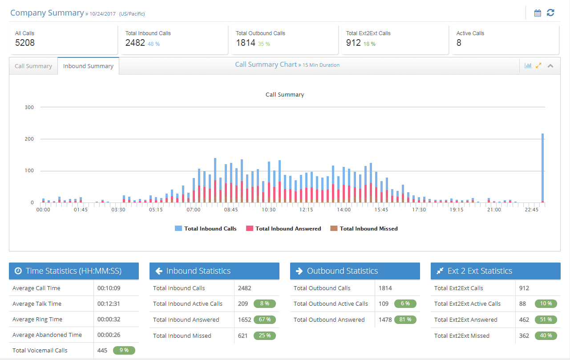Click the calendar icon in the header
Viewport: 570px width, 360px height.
tap(538, 13)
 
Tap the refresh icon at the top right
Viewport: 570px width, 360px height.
tap(550, 13)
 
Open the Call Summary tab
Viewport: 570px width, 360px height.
tap(33, 66)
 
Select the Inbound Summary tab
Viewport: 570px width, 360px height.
tap(88, 66)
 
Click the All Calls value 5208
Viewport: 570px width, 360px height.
tap(24, 43)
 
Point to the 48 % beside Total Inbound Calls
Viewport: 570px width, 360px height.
tap(154, 44)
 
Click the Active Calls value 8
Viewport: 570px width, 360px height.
tap(459, 43)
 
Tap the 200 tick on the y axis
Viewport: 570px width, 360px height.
tap(29, 139)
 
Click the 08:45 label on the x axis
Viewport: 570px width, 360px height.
tap(231, 210)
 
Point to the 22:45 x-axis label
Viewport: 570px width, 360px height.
tap(532, 210)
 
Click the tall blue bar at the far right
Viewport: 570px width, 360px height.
tap(542, 167)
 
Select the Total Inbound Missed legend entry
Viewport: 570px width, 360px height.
tap(364, 228)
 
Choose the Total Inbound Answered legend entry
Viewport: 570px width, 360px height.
tap(283, 228)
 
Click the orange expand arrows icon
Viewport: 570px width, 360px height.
tap(538, 66)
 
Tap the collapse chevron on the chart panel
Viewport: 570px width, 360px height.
tap(550, 66)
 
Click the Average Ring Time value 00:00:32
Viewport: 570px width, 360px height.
tap(109, 320)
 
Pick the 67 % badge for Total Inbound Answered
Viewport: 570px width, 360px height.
tap(265, 320)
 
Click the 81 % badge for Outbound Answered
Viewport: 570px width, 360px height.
tap(405, 320)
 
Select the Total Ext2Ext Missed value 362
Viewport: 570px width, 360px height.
tap(524, 336)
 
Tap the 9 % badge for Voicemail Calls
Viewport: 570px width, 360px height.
tap(124, 350)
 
